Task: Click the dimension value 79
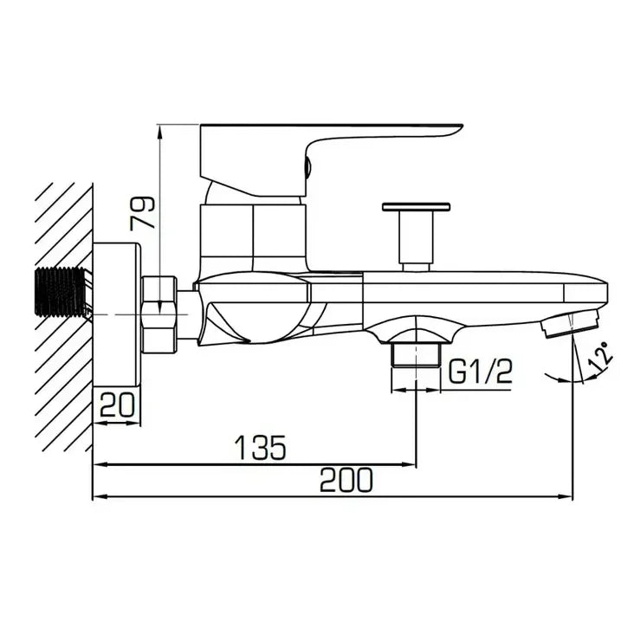(x=142, y=213)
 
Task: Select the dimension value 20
(x=117, y=404)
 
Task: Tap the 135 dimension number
(x=261, y=447)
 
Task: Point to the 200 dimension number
(x=346, y=480)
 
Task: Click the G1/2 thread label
(x=480, y=371)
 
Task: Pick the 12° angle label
(x=602, y=357)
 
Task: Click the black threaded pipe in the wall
(x=61, y=292)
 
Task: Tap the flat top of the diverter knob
(x=416, y=207)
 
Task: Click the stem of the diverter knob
(x=416, y=237)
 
